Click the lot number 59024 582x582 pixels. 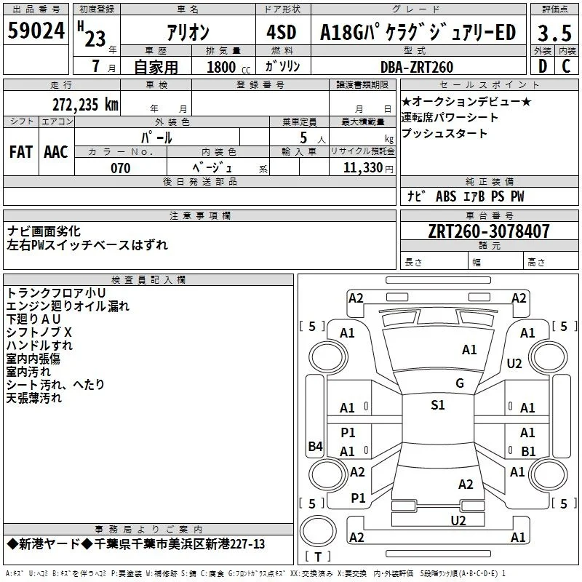pos(36,31)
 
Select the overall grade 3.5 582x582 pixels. pos(554,33)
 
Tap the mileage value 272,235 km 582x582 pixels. pos(85,105)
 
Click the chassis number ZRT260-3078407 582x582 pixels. pos(489,231)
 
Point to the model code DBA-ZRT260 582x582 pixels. pos(416,67)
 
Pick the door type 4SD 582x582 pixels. pos(282,32)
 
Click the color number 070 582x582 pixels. pos(121,168)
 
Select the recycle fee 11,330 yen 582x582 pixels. pos(368,168)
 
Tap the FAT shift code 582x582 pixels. pos(21,152)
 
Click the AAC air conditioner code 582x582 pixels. pos(56,152)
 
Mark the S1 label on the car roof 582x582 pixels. pos(438,405)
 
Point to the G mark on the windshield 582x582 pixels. pos(460,383)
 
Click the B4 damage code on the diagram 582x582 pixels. pos(315,446)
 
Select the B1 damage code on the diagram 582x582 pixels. pos(528,451)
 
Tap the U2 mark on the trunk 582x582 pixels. pos(458,520)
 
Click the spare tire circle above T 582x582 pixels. pos(318,531)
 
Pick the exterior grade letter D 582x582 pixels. pos(543,66)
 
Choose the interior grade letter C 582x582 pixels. pos(566,66)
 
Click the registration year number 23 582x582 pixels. pos(95,39)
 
